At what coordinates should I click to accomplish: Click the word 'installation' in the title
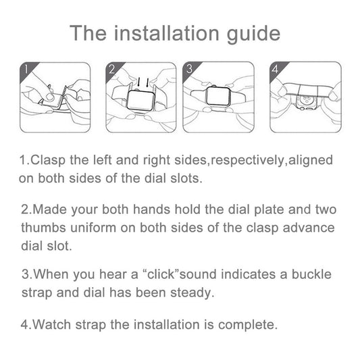click(167, 34)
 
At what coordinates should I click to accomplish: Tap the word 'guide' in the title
click(253, 35)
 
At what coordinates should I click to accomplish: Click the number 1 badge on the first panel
click(26, 70)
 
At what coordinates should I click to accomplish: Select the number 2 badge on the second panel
click(112, 70)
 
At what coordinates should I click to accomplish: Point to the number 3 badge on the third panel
click(189, 69)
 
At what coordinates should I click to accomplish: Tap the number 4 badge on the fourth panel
click(276, 69)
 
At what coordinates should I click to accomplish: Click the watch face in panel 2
click(140, 101)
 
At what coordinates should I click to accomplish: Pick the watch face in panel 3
click(218, 97)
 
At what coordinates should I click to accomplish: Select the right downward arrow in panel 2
click(147, 82)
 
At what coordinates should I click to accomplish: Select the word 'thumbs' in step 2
click(44, 228)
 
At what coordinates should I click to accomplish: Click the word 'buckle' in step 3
click(311, 274)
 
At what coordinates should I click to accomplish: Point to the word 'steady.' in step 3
click(192, 293)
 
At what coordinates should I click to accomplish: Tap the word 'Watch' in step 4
click(51, 325)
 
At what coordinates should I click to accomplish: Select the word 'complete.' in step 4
click(248, 326)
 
